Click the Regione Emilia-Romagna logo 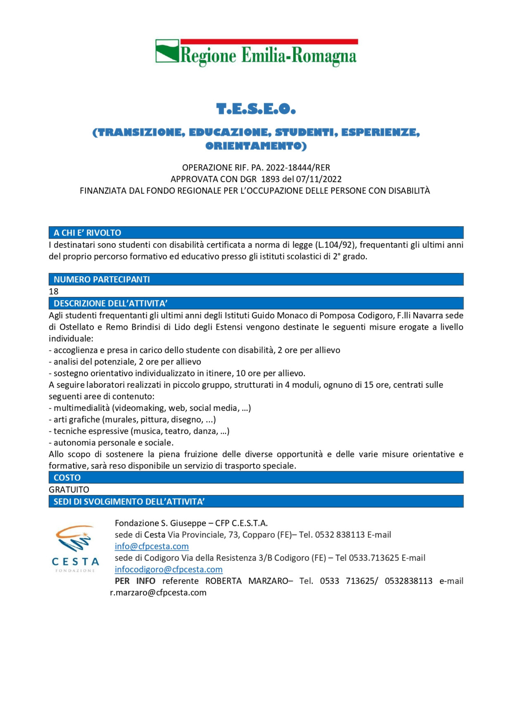256,53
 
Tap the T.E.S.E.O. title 256,109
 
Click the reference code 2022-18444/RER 298,168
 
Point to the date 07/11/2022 319,179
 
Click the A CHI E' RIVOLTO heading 87,233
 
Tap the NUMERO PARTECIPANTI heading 102,279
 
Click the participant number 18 54,291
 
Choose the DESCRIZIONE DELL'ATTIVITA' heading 110,303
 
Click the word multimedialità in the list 81,408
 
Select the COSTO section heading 67,477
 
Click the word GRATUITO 69,489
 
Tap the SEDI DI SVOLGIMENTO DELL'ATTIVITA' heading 129,502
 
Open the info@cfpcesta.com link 152,546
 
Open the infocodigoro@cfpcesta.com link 168,569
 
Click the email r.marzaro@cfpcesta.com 158,593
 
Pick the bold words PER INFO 135,581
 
